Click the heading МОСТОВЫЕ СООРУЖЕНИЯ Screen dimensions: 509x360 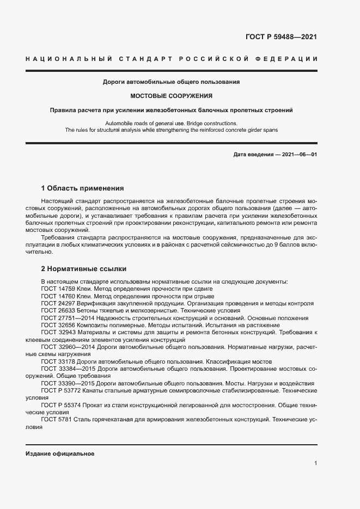click(171, 96)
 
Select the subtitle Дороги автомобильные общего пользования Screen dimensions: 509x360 click(171, 82)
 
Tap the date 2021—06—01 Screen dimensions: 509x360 click(299, 155)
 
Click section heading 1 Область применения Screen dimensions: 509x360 click(83, 188)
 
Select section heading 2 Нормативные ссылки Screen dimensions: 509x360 click(83, 269)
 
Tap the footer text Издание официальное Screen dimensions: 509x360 click(60, 453)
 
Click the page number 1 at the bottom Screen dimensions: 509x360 click(315, 463)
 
